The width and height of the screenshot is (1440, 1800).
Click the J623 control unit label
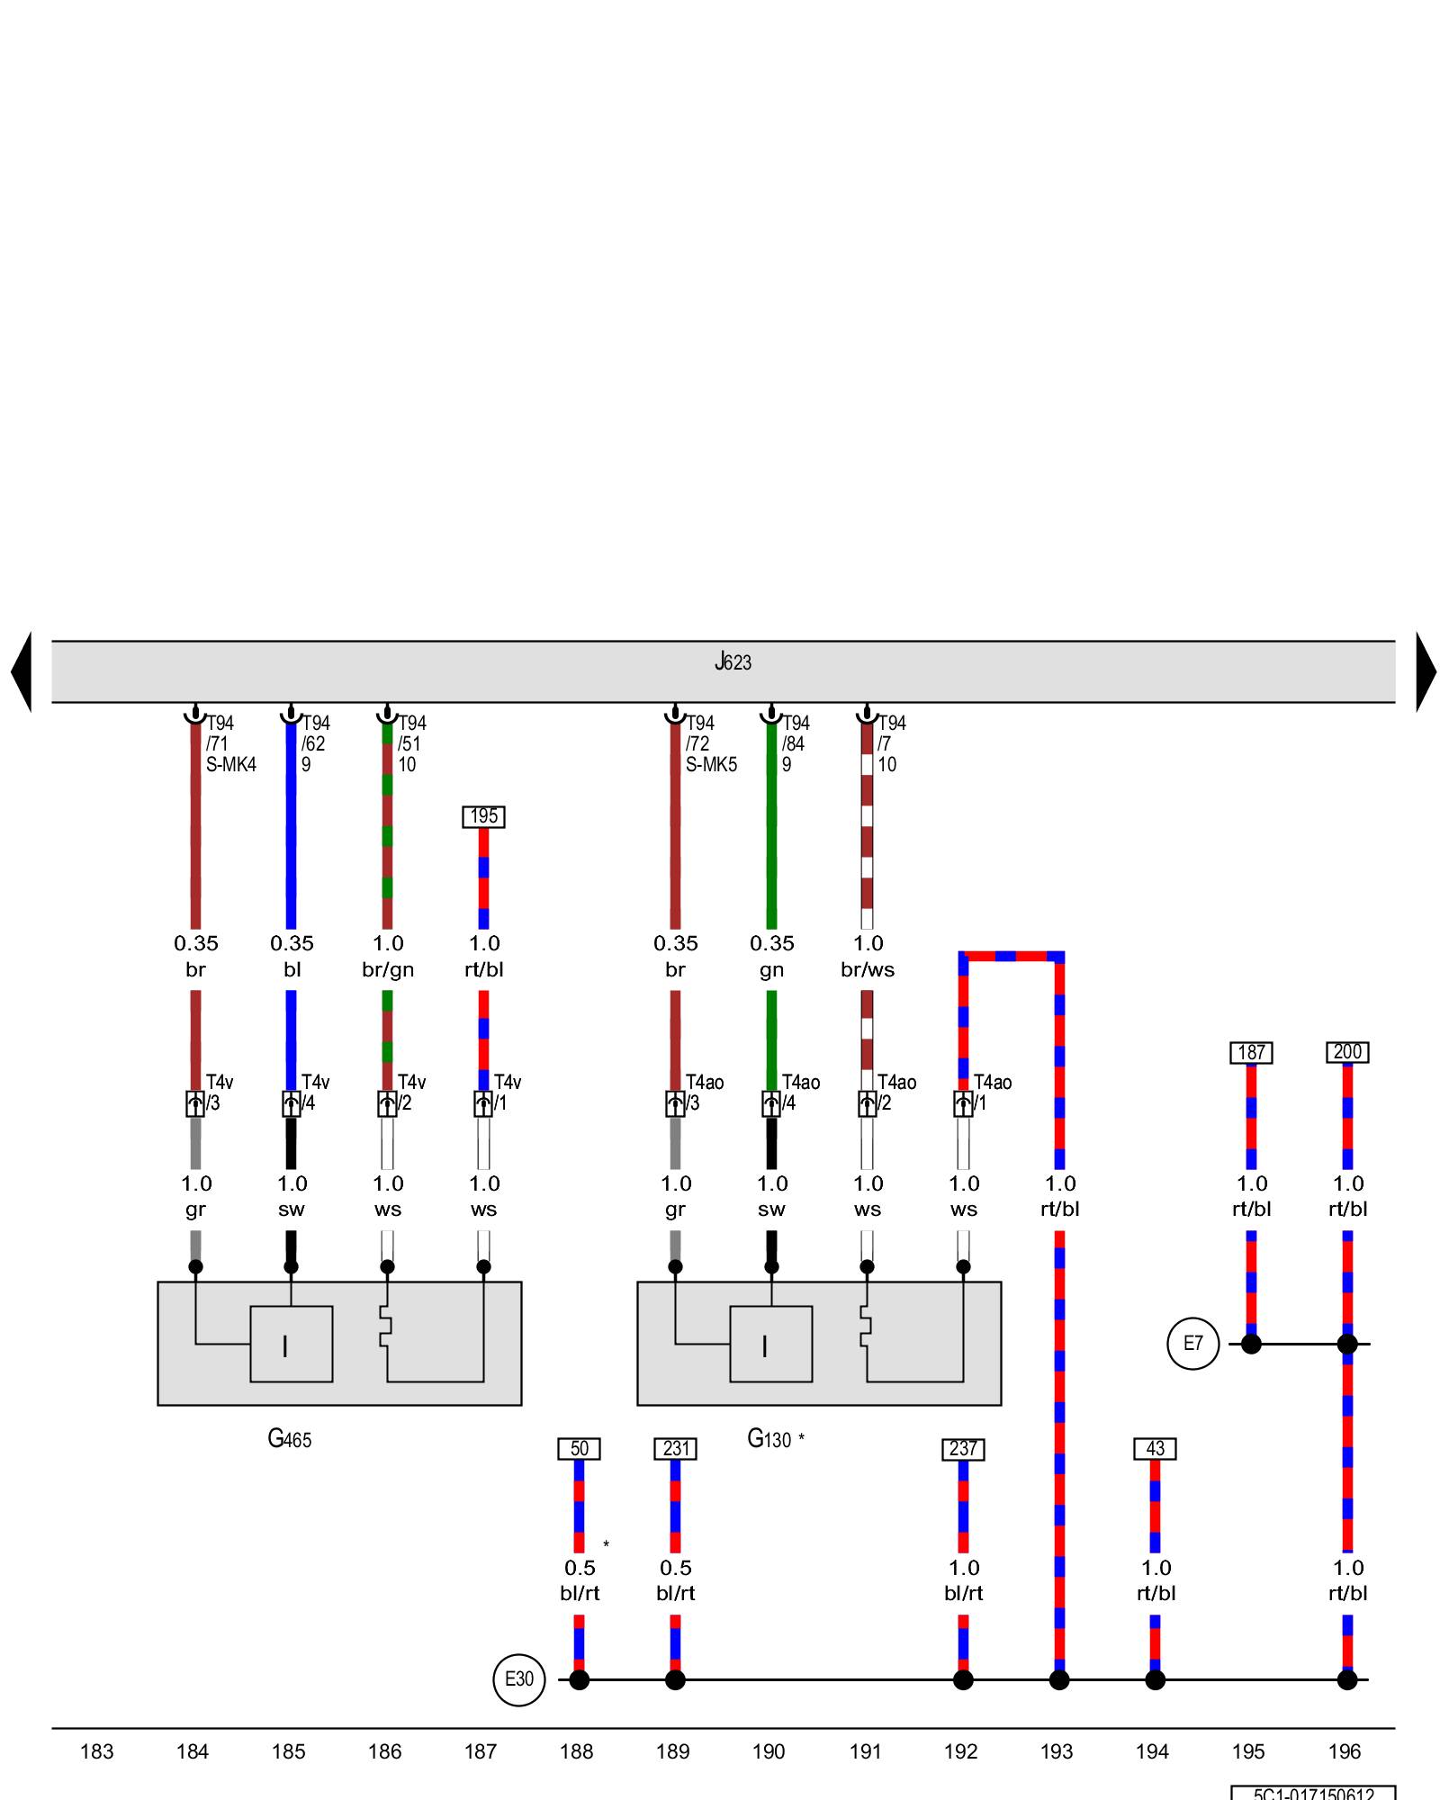[733, 662]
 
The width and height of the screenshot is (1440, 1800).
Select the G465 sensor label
[290, 1438]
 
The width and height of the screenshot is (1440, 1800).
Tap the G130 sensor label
[769, 1438]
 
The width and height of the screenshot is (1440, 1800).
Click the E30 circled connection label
[519, 1678]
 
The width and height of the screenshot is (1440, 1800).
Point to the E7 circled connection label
[1192, 1344]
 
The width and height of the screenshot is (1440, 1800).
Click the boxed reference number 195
[484, 816]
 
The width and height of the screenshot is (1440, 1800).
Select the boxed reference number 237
[963, 1449]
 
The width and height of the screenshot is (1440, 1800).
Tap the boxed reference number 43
[1156, 1449]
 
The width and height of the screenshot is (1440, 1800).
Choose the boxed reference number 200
[1347, 1052]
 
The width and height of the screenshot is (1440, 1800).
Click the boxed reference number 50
[580, 1449]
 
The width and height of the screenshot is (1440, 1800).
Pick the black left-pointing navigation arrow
[22, 671]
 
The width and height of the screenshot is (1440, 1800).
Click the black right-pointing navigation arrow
[1426, 671]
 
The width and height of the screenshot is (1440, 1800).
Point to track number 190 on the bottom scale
[769, 1751]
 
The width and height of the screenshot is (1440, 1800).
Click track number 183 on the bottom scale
[96, 1751]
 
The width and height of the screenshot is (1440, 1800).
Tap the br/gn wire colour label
[388, 969]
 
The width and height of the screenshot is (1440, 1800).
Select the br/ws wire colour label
[868, 969]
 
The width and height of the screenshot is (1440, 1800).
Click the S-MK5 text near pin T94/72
[711, 765]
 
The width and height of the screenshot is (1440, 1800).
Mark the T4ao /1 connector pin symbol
[963, 1103]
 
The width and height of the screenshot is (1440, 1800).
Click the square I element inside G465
[291, 1344]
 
